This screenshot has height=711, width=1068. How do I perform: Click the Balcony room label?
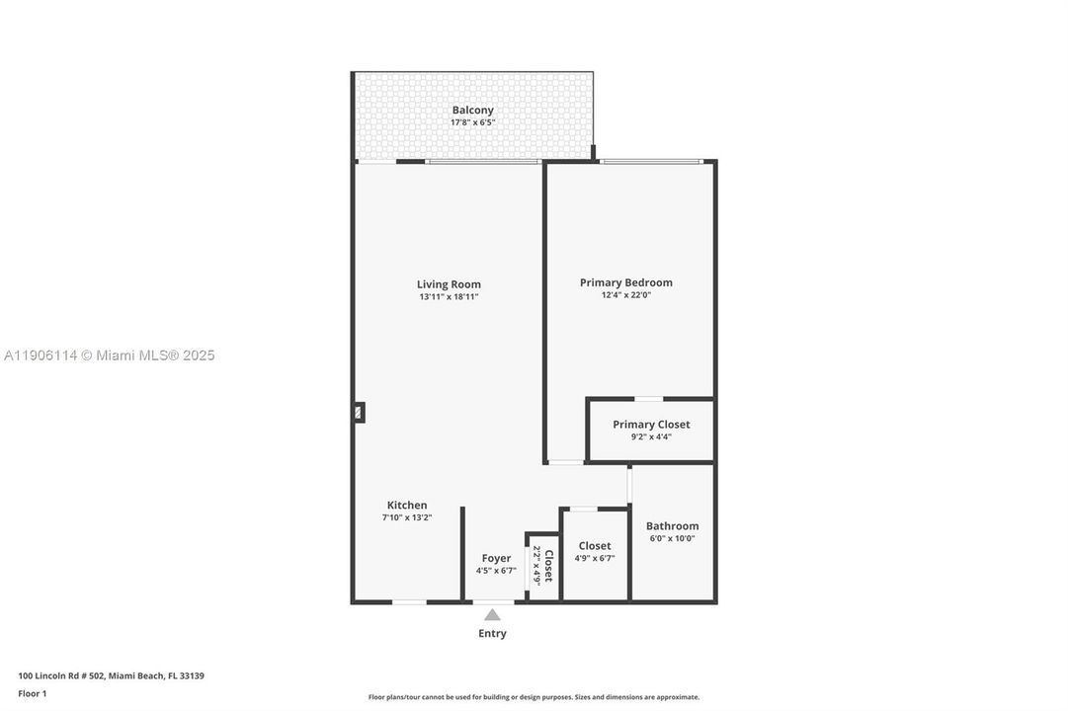click(x=472, y=110)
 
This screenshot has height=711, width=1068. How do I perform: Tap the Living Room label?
click(x=449, y=284)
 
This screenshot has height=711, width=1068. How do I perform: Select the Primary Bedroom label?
click(x=625, y=282)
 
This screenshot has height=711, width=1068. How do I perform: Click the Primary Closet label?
click(x=651, y=425)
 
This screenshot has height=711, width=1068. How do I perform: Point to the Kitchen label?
click(x=407, y=505)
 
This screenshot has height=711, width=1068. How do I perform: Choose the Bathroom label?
click(x=672, y=526)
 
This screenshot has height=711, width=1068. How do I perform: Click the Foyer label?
click(x=496, y=558)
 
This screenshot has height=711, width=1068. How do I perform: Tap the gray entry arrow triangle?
click(x=492, y=615)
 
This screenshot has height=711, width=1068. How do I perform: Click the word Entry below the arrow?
click(x=492, y=634)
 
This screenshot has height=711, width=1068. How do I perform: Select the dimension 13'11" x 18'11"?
click(x=448, y=297)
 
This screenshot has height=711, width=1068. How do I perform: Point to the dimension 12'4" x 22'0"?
click(x=625, y=295)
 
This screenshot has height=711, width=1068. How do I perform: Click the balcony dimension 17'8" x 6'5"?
click(x=472, y=122)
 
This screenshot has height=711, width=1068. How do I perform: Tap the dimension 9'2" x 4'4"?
click(x=651, y=436)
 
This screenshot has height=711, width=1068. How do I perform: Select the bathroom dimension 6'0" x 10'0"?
click(x=672, y=539)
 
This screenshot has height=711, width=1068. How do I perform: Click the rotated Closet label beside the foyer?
click(x=548, y=566)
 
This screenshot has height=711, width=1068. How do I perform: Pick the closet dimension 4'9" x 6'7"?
click(x=595, y=558)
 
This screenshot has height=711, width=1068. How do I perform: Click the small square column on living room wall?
click(x=359, y=413)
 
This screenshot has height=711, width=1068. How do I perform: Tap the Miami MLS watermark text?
click(x=109, y=355)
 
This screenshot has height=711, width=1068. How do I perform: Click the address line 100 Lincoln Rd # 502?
click(x=111, y=676)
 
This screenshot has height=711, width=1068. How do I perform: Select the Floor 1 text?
click(x=33, y=693)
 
